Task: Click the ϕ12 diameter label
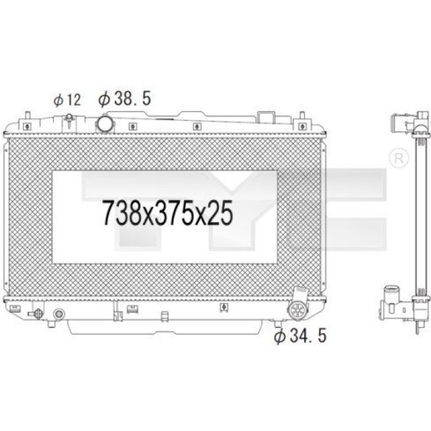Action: (67, 100)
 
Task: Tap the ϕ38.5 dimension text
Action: (125, 99)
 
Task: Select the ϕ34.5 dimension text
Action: (300, 336)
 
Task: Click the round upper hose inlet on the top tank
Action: (105, 124)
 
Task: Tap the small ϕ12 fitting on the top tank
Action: (69, 120)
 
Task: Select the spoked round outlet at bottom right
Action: (297, 310)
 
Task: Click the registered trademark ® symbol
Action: (398, 158)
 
